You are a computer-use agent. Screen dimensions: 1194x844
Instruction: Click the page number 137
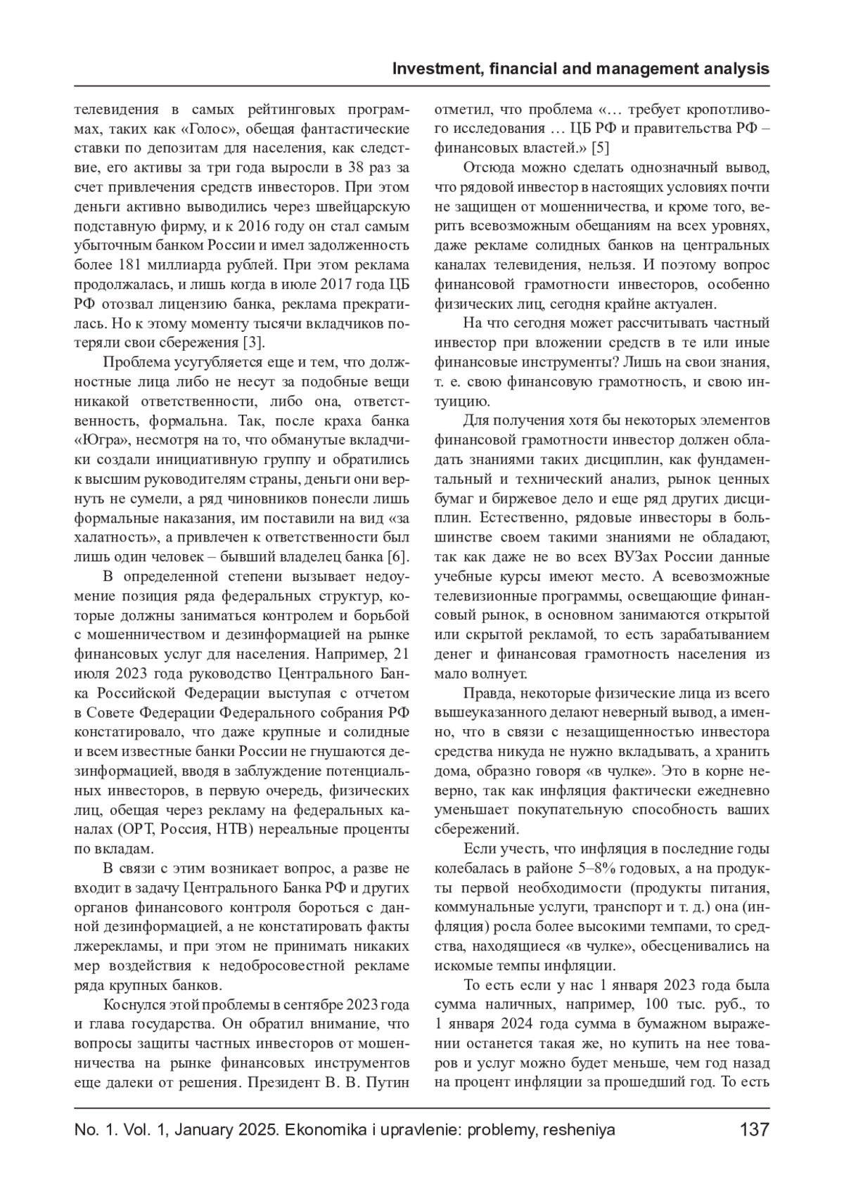(754, 1130)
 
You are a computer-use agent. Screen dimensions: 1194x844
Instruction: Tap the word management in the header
(635, 69)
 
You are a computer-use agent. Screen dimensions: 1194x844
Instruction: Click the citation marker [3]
(253, 342)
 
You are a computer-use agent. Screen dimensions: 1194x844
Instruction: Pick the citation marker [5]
(600, 148)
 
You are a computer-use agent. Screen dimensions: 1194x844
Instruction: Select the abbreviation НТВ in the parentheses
(231, 828)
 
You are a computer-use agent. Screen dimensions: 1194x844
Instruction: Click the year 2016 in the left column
(259, 226)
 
